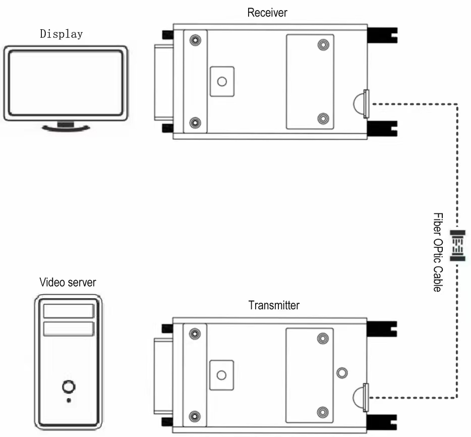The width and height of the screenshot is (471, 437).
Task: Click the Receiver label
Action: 267,13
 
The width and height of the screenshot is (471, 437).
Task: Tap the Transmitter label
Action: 274,305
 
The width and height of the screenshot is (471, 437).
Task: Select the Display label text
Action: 61,34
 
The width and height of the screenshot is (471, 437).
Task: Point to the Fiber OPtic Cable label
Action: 438,252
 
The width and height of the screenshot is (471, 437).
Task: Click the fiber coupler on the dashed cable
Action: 458,246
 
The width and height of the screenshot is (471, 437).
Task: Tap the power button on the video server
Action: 69,387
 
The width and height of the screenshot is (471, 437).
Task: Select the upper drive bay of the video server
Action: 69,311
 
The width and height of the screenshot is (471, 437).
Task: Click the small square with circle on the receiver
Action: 222,81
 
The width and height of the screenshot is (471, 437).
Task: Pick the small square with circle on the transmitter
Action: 221,374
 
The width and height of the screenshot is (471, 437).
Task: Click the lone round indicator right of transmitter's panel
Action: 342,372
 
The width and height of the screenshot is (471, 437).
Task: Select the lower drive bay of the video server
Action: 69,329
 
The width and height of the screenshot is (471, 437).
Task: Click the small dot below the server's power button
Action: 69,401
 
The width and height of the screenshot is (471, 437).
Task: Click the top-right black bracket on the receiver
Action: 381,35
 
